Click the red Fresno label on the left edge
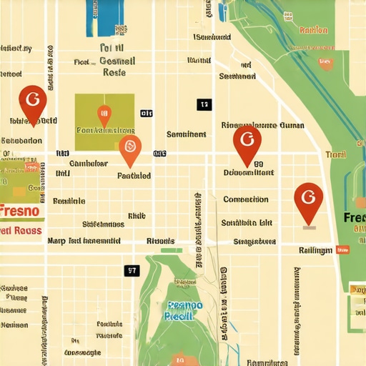tap(21, 212)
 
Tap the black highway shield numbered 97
tap(132, 270)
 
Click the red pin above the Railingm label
tap(308, 199)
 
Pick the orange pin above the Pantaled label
tap(129, 148)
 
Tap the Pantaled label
tap(134, 175)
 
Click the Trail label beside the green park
tap(335, 154)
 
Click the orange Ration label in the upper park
tap(314, 30)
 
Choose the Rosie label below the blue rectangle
tap(114, 72)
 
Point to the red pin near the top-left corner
tap(32, 101)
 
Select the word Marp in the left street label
tap(56, 241)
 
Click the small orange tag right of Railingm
tap(342, 250)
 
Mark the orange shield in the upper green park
tap(327, 63)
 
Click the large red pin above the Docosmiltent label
tap(247, 142)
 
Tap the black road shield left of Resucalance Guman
tap(204, 104)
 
